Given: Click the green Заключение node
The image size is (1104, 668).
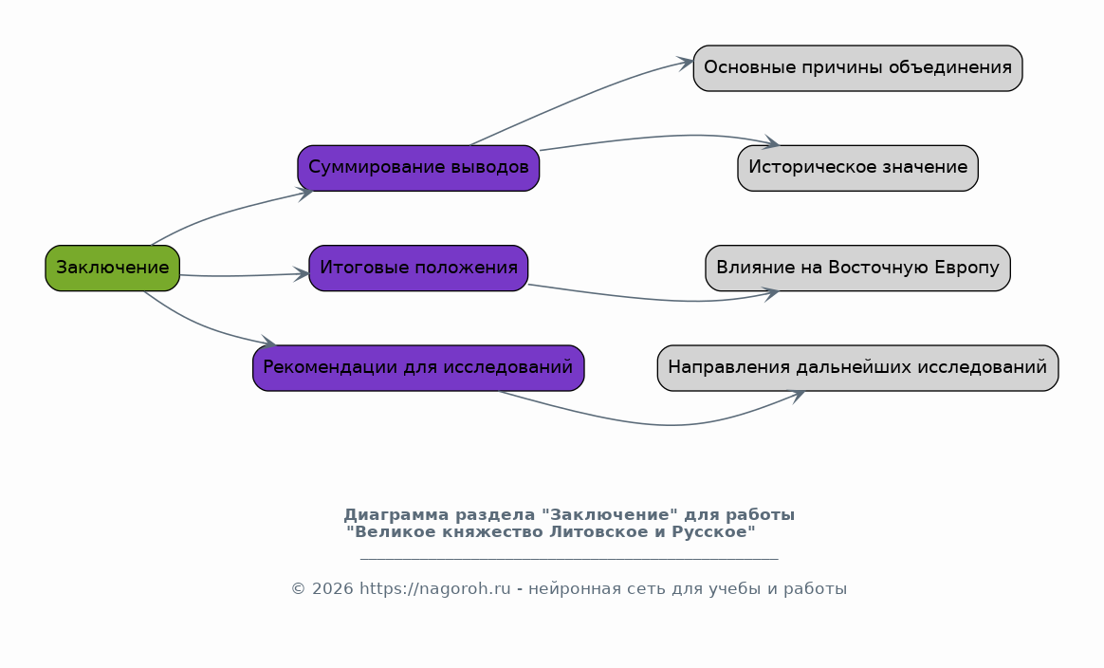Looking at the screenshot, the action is [113, 268].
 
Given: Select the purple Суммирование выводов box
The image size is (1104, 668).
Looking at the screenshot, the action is [418, 168].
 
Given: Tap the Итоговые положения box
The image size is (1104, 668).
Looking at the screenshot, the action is [418, 268].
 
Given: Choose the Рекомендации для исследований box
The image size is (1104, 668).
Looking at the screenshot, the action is [418, 368].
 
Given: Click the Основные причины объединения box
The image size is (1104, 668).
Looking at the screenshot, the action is [857, 68].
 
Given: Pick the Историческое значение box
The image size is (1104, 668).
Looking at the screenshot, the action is [857, 168].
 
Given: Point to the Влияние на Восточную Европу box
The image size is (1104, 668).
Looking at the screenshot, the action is [857, 268].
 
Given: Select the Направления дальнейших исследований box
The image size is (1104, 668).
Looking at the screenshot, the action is [857, 368].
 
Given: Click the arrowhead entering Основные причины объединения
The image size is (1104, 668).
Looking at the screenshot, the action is [685, 64].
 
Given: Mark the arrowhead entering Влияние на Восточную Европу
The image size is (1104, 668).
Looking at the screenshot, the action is [770, 294].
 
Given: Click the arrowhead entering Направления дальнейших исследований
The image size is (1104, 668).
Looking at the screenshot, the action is [797, 397].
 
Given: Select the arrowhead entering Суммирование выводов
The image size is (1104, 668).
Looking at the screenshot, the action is [304, 194].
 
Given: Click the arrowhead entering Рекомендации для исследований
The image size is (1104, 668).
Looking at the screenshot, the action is [269, 342].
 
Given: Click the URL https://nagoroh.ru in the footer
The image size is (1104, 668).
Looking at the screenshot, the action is [435, 589].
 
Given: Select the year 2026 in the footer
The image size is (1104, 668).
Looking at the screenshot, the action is [332, 589].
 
